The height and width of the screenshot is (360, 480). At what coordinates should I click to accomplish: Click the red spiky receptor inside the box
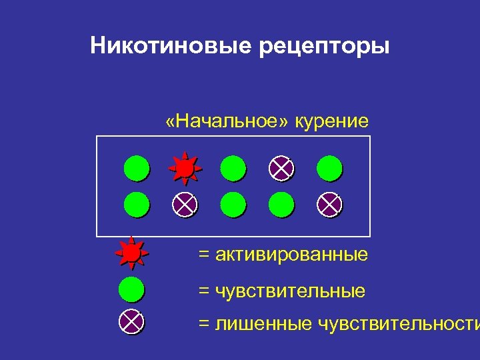185,167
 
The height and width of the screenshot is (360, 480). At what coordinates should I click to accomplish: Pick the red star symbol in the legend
131,253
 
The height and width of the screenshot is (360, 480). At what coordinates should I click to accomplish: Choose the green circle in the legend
131,290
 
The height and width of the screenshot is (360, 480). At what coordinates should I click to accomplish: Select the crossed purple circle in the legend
131,323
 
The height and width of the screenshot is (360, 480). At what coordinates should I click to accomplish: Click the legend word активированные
291,255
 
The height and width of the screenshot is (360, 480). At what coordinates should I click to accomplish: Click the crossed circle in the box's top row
281,167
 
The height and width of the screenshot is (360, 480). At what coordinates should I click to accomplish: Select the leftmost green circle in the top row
136,167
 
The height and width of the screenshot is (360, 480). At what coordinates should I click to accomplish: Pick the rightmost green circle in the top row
329,167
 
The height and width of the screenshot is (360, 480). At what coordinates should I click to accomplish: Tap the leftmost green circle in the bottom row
136,204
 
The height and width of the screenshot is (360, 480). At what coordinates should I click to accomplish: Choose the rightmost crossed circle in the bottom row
329,204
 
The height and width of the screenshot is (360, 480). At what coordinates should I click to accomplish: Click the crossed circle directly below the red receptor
185,204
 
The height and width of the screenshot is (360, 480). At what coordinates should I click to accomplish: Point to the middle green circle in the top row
233,167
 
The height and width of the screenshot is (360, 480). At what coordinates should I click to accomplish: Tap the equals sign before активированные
204,255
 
